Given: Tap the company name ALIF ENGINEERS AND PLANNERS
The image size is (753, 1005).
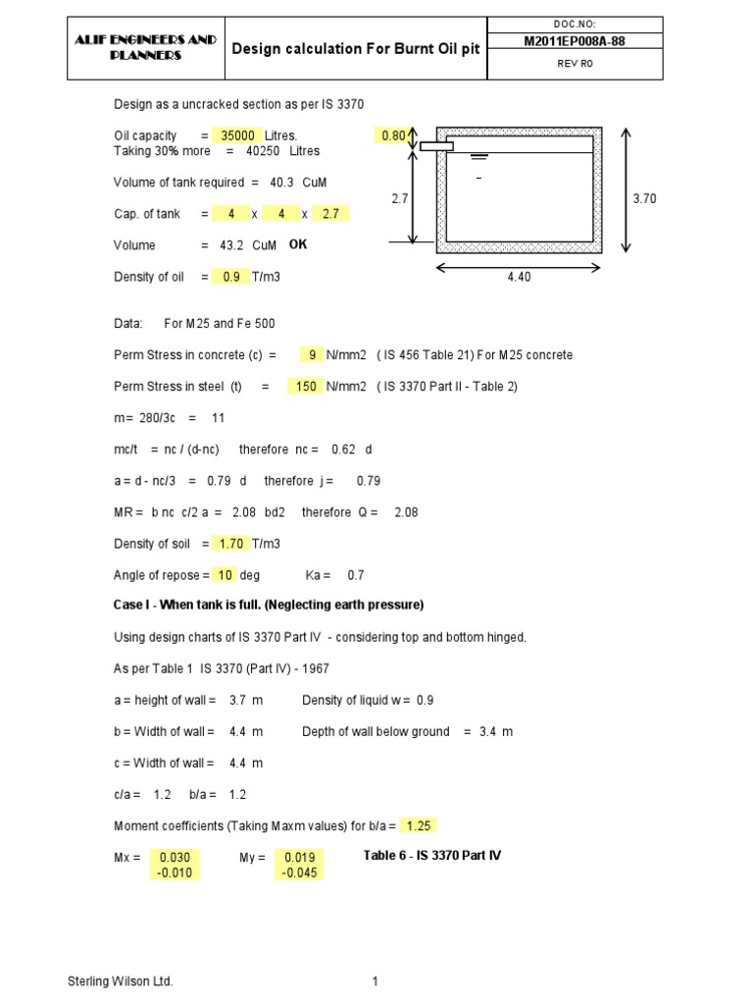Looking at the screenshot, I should (146, 48).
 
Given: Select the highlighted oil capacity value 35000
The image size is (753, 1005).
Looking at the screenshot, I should (238, 135).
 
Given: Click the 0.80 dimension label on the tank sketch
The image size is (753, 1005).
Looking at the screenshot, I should (392, 135).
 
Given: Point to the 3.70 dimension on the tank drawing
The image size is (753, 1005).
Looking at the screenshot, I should (643, 198).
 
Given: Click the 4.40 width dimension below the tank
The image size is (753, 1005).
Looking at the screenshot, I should (519, 278).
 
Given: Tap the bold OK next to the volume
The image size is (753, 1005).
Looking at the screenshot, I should (298, 244).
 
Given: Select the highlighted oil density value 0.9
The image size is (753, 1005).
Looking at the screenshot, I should (231, 277).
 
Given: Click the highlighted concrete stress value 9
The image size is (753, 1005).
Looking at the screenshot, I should (313, 354).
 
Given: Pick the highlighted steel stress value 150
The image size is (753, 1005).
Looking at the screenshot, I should (306, 386).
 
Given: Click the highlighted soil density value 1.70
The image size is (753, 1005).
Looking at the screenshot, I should (230, 543).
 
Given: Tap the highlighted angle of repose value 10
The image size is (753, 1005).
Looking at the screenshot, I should (226, 574).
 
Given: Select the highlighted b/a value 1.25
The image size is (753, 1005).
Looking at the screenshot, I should (420, 825).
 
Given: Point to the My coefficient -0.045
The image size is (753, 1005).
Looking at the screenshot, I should (299, 873).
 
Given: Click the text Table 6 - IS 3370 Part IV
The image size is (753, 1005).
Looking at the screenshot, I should (431, 856).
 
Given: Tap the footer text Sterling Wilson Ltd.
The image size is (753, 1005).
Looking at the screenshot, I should (121, 981).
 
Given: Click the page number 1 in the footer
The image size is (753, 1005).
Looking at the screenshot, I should (376, 981).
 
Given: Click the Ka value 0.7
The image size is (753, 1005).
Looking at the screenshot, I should (356, 574).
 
